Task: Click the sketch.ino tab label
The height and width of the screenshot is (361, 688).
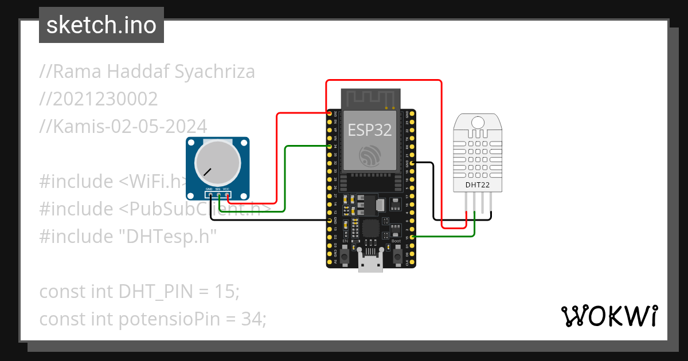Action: (101, 25)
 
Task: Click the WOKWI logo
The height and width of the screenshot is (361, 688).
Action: (609, 316)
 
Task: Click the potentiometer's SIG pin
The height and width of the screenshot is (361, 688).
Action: (218, 195)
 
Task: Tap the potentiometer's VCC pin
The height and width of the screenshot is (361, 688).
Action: (227, 195)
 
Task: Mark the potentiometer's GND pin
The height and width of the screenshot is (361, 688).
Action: (210, 195)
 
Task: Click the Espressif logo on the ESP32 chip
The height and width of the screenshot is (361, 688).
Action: (370, 156)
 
